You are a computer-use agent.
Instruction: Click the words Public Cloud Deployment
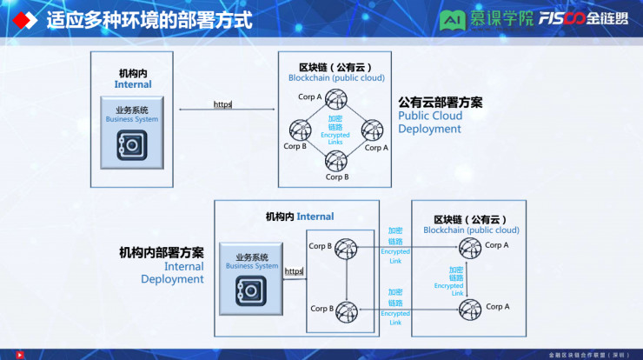click(429, 122)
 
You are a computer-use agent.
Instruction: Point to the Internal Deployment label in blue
click(172, 273)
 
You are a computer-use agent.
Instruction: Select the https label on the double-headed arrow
click(223, 104)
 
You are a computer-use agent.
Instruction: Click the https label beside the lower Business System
click(294, 271)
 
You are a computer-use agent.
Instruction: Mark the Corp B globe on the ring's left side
click(300, 130)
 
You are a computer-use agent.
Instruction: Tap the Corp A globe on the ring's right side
click(373, 130)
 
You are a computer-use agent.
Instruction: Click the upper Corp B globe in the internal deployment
click(346, 248)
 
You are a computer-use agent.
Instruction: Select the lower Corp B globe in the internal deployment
click(346, 310)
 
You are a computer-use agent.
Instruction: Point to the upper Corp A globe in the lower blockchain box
click(470, 248)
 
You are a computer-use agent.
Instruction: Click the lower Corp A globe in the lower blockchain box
click(470, 308)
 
